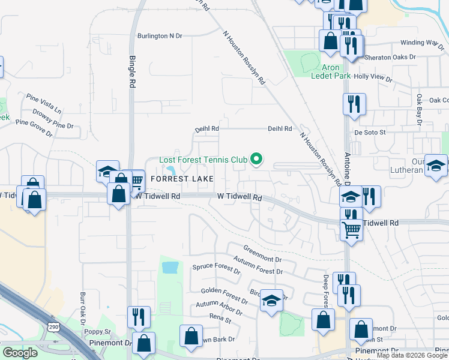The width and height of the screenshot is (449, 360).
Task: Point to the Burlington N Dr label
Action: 159,36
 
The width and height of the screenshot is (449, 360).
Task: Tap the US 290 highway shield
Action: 52,328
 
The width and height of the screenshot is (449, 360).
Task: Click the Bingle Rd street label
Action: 133,72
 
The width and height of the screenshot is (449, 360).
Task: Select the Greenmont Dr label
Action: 262,253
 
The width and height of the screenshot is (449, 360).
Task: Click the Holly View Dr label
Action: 373,79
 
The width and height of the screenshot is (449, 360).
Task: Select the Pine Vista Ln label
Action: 43,104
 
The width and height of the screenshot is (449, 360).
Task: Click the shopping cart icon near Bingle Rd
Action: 136,180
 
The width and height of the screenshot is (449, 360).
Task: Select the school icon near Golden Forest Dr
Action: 271,301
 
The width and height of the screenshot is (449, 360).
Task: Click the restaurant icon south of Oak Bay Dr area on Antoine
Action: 354,104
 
